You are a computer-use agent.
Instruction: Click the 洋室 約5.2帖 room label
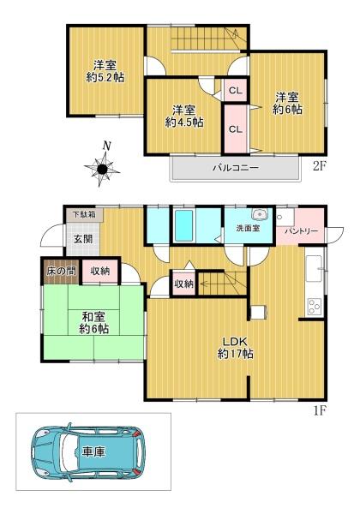[x=105, y=71]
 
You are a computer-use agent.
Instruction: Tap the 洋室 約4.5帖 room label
[x=184, y=116]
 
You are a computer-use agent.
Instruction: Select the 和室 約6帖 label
[x=93, y=323]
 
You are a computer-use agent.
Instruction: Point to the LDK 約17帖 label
[x=235, y=348]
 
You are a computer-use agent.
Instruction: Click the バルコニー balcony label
[x=236, y=168]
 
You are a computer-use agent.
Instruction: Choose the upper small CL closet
[x=236, y=90]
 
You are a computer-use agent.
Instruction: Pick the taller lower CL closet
[x=235, y=129]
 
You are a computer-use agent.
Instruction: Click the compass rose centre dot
[x=102, y=169]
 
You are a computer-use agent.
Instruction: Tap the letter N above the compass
[x=106, y=146]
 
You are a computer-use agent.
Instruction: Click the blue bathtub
[x=183, y=225]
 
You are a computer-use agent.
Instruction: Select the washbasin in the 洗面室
[x=260, y=214]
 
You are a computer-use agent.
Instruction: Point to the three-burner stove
[x=315, y=308]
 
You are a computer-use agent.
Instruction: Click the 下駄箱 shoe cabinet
[x=84, y=215]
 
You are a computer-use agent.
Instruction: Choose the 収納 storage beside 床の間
[x=99, y=271]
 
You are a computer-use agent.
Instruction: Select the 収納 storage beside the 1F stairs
[x=184, y=284]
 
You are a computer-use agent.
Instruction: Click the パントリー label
[x=302, y=230]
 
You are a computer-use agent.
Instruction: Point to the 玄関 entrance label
[x=82, y=239]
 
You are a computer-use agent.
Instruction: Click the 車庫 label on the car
[x=93, y=452]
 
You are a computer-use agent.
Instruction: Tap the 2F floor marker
[x=319, y=166]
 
